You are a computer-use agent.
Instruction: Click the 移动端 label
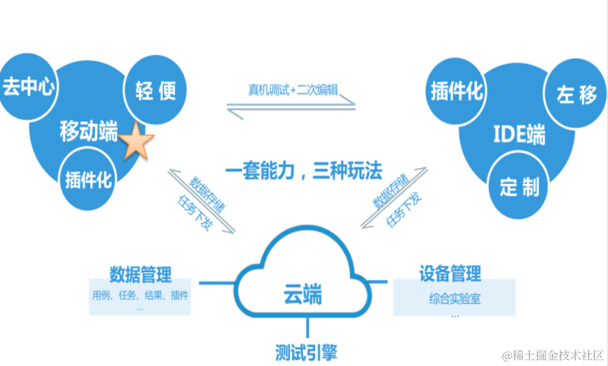coord(89,132)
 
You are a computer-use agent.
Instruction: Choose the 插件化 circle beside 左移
coord(456,92)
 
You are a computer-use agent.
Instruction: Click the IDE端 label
coord(519,135)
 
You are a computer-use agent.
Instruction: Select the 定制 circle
coord(519,187)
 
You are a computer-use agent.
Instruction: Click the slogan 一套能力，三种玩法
coord(303,171)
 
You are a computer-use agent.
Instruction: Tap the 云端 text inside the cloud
coord(302,295)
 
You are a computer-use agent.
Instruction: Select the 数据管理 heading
coord(140,275)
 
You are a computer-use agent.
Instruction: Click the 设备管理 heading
coord(450,274)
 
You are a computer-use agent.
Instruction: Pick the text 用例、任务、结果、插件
coord(141,295)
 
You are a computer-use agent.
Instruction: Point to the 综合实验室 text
coord(455,298)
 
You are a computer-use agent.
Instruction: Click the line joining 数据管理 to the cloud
coord(217,282)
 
